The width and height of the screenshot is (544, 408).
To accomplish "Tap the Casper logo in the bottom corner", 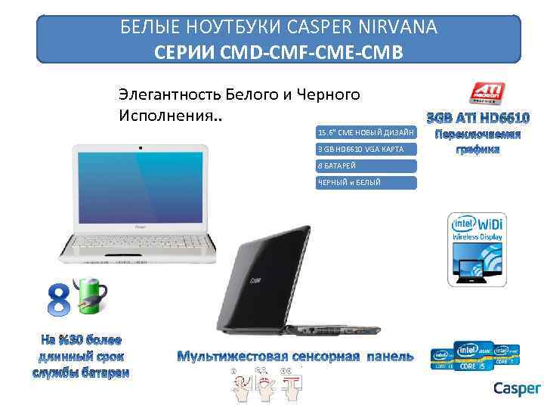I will (517, 388).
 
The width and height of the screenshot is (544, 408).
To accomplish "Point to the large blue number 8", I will (61, 299).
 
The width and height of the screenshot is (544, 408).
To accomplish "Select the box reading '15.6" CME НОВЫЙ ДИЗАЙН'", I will (366, 132).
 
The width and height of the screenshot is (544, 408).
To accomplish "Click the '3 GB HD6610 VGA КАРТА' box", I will (366, 149).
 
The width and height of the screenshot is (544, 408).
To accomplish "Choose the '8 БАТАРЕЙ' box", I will (366, 165).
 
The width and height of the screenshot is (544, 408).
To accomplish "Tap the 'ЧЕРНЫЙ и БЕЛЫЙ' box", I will (366, 182).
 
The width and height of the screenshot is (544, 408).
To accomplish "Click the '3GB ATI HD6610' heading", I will (478, 119).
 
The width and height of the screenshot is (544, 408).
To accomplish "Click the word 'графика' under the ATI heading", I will (478, 150).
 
